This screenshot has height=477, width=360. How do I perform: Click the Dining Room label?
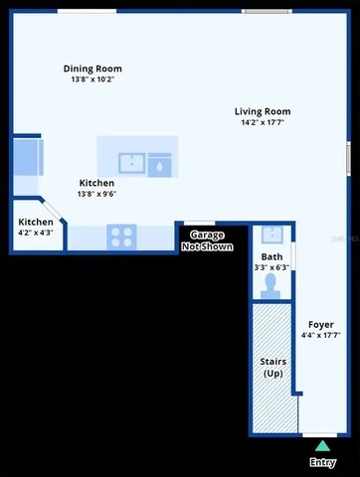pyautogui.click(x=92, y=69)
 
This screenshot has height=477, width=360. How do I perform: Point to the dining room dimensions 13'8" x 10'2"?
pyautogui.click(x=92, y=79)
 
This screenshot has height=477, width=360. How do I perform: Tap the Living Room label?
pyautogui.click(x=263, y=111)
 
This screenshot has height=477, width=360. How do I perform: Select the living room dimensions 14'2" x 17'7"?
pyautogui.click(x=263, y=123)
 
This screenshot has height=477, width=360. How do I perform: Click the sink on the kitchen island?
pyautogui.click(x=131, y=163)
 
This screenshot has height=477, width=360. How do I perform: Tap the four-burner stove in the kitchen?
pyautogui.click(x=121, y=237)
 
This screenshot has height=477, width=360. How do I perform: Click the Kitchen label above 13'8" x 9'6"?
pyautogui.click(x=96, y=183)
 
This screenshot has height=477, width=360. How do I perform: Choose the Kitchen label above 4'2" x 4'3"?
pyautogui.click(x=36, y=222)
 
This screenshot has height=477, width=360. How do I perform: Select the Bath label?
pyautogui.click(x=271, y=256)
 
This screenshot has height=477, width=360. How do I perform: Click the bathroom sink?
pyautogui.click(x=271, y=236)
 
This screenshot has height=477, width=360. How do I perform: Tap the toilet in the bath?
pyautogui.click(x=271, y=283)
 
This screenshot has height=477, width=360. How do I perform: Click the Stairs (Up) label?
pyautogui.click(x=273, y=367)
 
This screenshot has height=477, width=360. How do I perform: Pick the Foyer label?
pyautogui.click(x=320, y=324)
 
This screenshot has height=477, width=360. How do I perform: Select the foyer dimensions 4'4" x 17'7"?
pyautogui.click(x=320, y=336)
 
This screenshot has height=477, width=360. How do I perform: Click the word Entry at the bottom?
pyautogui.click(x=322, y=462)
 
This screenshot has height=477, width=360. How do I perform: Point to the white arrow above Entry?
pyautogui.click(x=322, y=446)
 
